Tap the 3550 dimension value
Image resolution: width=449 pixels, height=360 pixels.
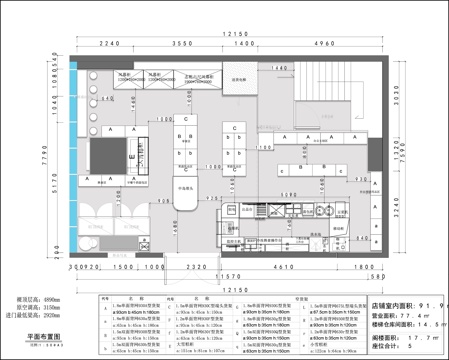[180, 45]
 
